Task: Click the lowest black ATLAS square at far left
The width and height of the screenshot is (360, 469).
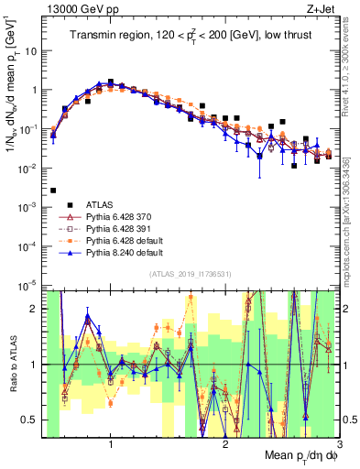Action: [53, 191]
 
